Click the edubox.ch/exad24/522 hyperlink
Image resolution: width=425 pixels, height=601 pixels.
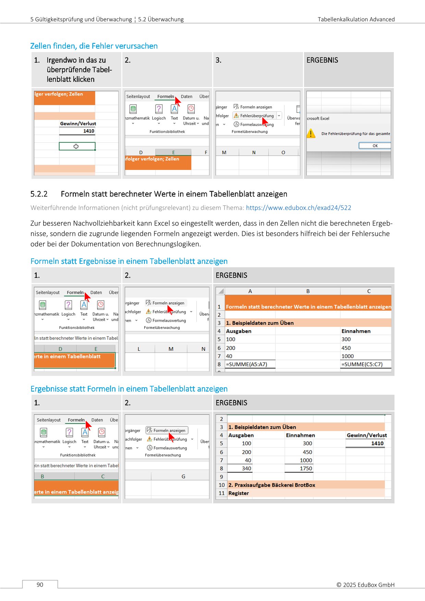[x=298, y=208]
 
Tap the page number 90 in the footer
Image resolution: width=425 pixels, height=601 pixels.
[x=40, y=585]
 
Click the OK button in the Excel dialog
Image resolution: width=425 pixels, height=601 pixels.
[x=375, y=146]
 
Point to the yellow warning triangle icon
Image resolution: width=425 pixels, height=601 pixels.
[x=311, y=133]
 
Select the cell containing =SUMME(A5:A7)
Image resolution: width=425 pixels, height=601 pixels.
[x=250, y=364]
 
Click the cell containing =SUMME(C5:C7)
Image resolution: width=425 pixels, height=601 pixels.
[x=365, y=364]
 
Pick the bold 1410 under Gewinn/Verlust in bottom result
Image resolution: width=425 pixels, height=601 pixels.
[x=377, y=443]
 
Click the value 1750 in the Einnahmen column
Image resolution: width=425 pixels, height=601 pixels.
[x=306, y=468]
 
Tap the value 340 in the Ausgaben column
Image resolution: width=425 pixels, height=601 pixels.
[x=246, y=468]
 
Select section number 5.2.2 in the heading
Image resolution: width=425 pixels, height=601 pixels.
[x=39, y=194]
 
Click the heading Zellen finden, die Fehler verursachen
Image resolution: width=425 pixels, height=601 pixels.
[x=94, y=46]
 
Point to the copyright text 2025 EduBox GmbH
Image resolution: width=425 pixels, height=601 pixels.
[x=365, y=585]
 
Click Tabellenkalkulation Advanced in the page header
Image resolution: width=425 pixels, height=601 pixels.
[x=356, y=19]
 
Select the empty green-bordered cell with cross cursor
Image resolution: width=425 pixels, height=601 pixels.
[x=77, y=146]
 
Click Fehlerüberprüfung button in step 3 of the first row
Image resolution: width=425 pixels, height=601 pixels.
[x=257, y=116]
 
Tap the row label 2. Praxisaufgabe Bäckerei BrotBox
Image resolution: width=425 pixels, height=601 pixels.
[x=271, y=485]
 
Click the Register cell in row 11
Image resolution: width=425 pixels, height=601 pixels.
[x=239, y=493]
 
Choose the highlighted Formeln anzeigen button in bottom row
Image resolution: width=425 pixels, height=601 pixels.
[x=167, y=430]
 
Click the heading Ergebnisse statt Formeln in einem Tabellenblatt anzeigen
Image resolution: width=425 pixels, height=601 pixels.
[x=129, y=389]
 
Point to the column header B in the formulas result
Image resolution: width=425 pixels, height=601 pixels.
[x=308, y=291]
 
